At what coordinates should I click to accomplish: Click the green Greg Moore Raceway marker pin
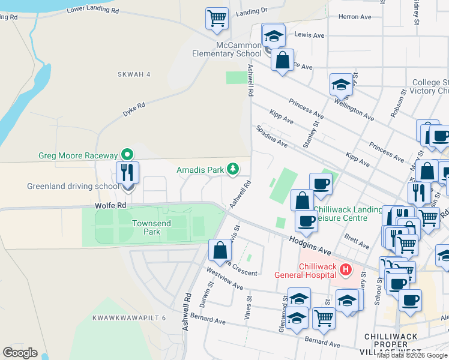click(127, 155)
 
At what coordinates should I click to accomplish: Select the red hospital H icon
click(345, 270)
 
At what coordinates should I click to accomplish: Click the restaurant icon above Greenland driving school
click(127, 173)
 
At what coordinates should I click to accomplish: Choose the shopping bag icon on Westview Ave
click(220, 250)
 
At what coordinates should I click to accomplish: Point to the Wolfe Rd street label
click(111, 205)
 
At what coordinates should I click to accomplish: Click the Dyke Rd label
click(134, 109)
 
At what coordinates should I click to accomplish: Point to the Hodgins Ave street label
click(309, 244)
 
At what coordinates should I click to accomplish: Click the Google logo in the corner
click(20, 352)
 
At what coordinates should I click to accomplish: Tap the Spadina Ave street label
click(272, 137)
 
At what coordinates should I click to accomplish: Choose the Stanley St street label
click(310, 133)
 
